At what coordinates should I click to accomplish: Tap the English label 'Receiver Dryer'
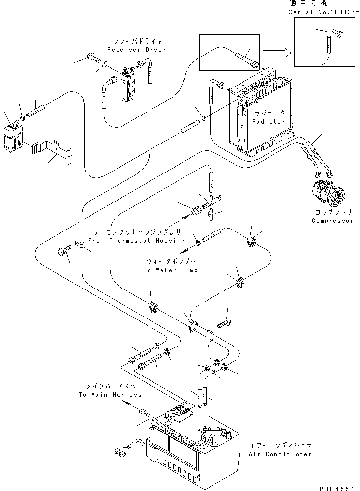coord(136,50)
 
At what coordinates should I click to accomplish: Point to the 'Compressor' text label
coord(332,221)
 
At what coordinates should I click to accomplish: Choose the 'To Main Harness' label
coord(110,395)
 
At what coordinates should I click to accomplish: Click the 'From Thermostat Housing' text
coord(136,241)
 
